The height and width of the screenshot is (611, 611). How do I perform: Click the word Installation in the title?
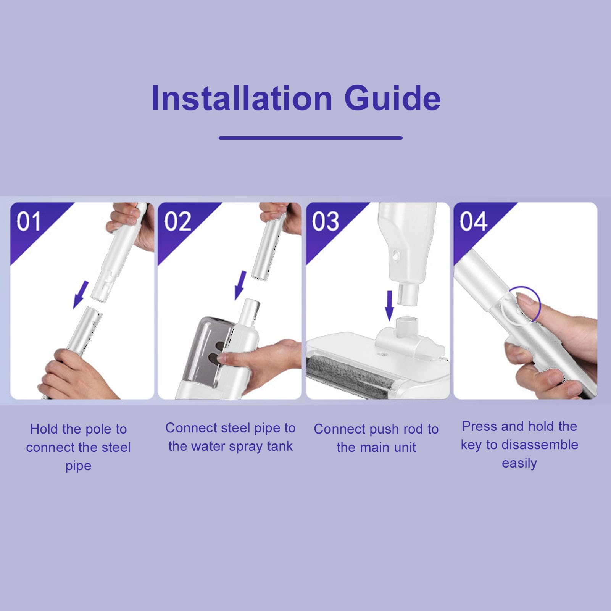242,98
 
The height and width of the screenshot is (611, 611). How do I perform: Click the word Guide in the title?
392,98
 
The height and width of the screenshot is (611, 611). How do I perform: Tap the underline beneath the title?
311,138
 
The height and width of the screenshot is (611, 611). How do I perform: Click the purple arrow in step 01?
81,295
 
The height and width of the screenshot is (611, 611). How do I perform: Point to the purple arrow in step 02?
240,285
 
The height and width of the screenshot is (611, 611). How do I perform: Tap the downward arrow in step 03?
389,305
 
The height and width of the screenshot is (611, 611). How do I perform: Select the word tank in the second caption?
280,446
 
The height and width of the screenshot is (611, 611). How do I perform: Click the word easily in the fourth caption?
519,463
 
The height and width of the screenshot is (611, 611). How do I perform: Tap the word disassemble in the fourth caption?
540,445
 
